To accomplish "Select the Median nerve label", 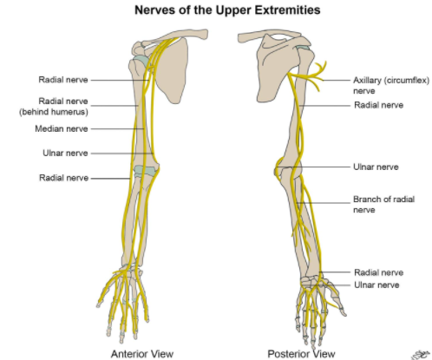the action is [62, 128].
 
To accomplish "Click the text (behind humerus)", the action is [54, 112].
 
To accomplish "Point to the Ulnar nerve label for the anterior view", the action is [65, 153].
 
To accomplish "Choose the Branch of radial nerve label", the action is [383, 205].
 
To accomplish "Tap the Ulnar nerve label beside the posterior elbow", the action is [376, 167].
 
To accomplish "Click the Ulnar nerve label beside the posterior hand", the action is [376, 285].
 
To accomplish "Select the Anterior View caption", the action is [142, 354].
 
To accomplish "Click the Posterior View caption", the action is [301, 354].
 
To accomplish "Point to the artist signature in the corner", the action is [421, 355].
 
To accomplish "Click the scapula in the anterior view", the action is [171, 69].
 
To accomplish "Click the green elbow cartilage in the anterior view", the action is [145, 171].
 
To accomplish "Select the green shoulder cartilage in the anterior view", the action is [141, 62].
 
